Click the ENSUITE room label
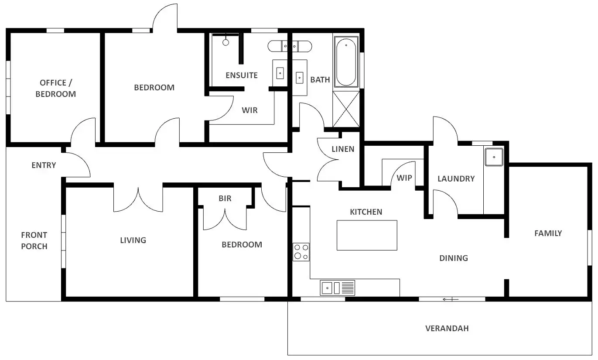point(241,75)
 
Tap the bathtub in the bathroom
point(346,61)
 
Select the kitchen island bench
point(367,235)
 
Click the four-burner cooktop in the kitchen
point(301,252)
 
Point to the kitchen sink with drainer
point(338,288)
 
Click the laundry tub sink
point(494,157)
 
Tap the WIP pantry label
point(404,178)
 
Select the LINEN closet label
point(343,149)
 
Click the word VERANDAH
point(447,328)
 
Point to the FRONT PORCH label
point(34,240)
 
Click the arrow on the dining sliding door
point(449,299)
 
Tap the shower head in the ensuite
point(226,42)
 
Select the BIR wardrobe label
point(225,199)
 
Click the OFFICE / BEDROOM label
point(55,88)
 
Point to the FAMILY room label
point(548,233)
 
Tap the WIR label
point(249,110)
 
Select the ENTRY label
point(44,165)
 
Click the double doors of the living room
point(138,199)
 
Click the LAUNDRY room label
point(456,178)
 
